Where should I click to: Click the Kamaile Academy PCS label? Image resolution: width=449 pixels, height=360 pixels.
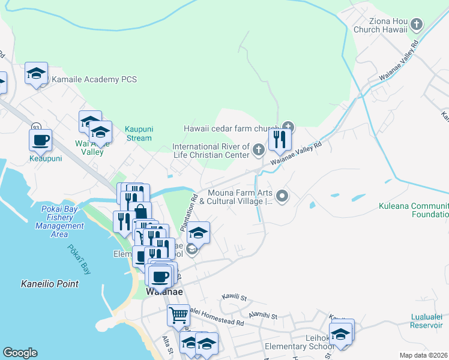coord(94,79)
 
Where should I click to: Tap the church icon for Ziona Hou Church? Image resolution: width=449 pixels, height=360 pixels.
coord(417,25)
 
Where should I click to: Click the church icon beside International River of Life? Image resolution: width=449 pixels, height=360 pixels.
coord(259,149)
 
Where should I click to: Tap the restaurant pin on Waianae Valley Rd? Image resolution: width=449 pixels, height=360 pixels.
coord(280,139)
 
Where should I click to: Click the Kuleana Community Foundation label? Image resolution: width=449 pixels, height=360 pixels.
coord(414,210)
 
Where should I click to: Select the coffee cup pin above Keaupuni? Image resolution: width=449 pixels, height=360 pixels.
coord(40,140)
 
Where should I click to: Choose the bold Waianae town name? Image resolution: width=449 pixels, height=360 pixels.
coord(164,292)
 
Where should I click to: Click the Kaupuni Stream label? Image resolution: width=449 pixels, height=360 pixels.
coord(138,133)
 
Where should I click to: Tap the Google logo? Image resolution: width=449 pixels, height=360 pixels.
coord(20,353)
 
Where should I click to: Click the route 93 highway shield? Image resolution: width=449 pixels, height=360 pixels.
coord(37,127)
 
